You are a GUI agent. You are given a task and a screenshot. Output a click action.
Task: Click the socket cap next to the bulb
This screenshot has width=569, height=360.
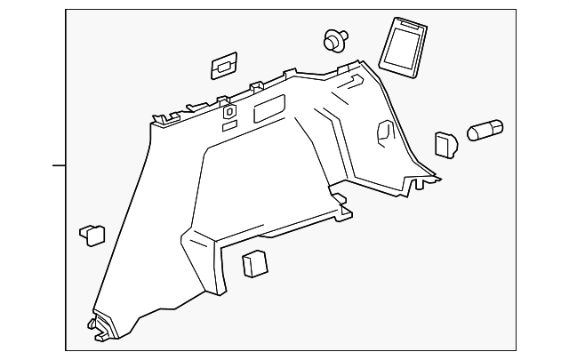point(445,145)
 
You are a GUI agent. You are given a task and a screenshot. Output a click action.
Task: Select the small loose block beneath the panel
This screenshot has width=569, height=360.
point(255,264)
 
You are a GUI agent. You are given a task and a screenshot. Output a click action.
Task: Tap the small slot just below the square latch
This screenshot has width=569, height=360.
point(229,127)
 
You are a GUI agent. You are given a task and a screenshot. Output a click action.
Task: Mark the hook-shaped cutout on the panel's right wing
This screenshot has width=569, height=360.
point(386,130)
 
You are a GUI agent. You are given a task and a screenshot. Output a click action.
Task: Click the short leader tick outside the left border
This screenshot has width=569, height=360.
point(59,165)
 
